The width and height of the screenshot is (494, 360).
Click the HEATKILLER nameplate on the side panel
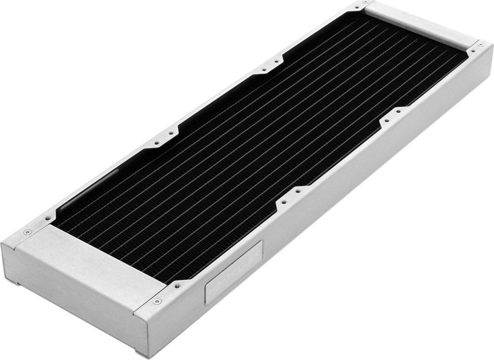click(234, 272)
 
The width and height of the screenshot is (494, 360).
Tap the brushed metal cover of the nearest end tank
click(93, 265)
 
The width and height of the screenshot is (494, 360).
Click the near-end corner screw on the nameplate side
click(157, 301)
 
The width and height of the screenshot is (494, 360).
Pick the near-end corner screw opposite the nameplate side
click(27, 232)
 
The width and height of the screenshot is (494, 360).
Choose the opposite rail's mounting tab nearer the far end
click(273, 64)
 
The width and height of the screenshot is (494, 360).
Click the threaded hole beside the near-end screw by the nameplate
click(176, 286)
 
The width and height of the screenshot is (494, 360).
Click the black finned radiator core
click(254, 136)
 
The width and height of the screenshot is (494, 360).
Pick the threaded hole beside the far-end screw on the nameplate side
click(472, 52)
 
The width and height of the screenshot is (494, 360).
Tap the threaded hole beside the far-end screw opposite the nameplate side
click(356, 8)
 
